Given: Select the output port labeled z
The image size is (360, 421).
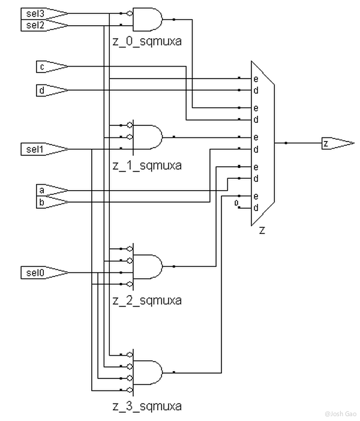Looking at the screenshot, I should point(336,143).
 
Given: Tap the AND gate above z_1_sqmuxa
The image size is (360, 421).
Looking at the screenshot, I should point(148,137).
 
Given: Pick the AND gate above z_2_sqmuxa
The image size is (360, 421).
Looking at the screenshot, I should point(148,266).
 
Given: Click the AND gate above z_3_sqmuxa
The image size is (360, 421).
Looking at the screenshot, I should point(148,372).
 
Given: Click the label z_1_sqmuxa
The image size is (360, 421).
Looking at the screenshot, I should point(146,165).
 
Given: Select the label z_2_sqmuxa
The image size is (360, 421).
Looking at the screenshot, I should point(146,300).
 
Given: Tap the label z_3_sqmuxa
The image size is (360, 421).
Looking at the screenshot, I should point(146,406).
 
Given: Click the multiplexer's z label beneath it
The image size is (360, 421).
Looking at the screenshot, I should point(262,231).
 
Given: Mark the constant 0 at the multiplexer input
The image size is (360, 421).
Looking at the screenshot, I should point(238,203).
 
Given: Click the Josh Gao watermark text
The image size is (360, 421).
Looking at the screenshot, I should point(339,414).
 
